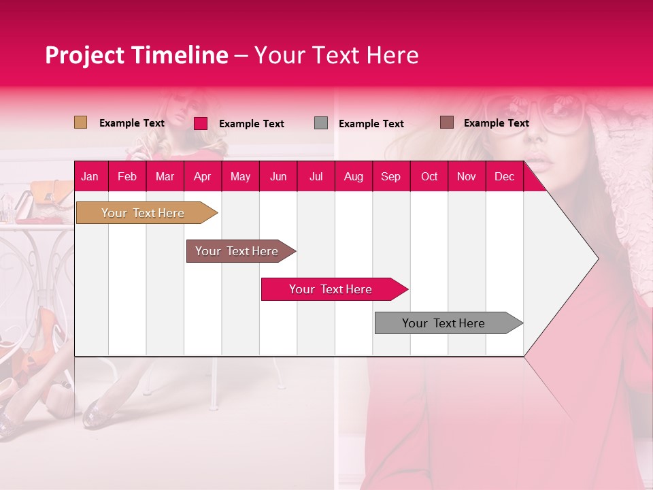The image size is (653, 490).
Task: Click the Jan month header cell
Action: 90,176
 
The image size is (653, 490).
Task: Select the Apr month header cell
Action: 203,176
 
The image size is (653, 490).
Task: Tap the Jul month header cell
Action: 316,176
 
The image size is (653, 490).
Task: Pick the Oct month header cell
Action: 429,176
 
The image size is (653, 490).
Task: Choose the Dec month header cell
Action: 505,176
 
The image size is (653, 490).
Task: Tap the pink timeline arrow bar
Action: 331,289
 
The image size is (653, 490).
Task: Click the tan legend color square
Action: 80,122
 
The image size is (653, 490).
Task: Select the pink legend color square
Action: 201,123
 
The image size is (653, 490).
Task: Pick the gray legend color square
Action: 321,123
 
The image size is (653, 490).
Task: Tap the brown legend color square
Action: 446,122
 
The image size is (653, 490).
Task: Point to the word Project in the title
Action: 84,55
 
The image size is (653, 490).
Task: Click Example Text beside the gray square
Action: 371,124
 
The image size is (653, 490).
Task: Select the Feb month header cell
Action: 127,176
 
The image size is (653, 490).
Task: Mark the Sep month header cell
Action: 391,176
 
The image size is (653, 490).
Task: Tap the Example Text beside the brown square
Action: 497,123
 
